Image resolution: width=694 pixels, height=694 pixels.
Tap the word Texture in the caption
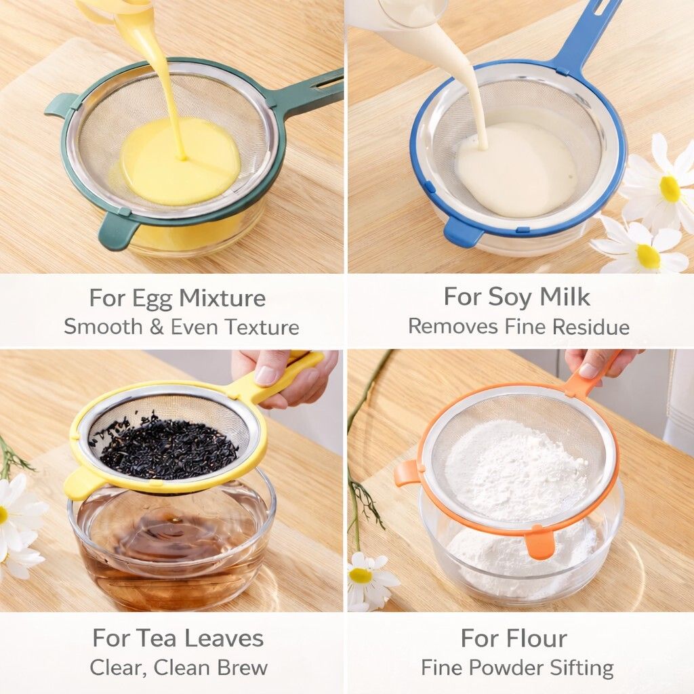pos(262,327)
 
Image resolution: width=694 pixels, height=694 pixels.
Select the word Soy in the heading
pos(510,297)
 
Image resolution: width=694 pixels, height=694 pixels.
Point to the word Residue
pos(591,327)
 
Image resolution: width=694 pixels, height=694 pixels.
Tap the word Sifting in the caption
pos(580,668)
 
